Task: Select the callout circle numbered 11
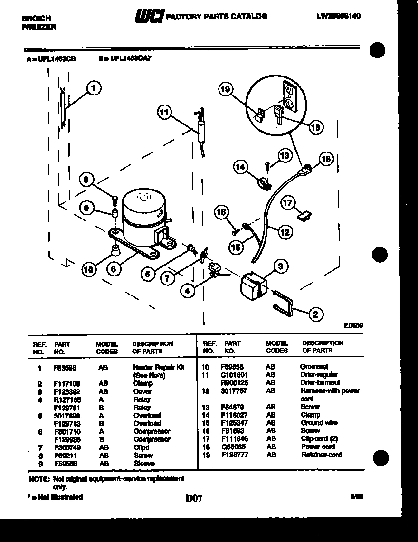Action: (x=164, y=112)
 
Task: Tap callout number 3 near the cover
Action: (x=281, y=266)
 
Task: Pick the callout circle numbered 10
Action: (x=89, y=270)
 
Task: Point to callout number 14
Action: (x=241, y=167)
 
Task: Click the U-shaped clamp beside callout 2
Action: (x=284, y=304)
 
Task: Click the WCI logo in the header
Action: (x=149, y=17)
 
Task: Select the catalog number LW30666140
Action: (x=338, y=16)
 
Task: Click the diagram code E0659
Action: (x=353, y=325)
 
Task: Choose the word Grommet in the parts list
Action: (x=314, y=367)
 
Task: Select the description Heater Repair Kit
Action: (x=158, y=367)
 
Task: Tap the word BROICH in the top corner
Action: (x=37, y=19)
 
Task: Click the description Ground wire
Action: (x=319, y=423)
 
